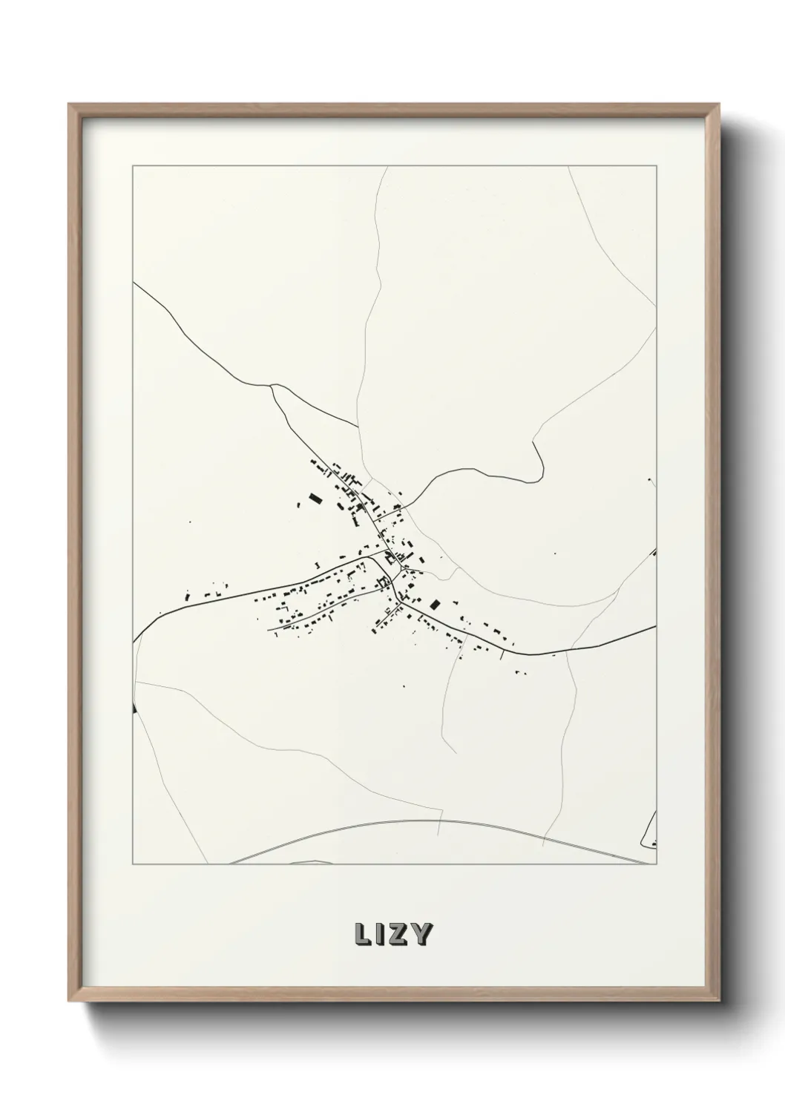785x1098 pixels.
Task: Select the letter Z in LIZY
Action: point(399,935)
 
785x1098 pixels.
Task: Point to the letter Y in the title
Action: point(421,935)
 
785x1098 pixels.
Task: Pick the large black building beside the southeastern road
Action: point(435,605)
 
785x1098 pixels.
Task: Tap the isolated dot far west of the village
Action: point(190,522)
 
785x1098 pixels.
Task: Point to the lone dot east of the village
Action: point(554,553)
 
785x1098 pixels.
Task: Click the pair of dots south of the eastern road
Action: point(519,673)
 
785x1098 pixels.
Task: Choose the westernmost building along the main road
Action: point(188,596)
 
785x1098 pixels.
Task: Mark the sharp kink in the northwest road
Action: point(272,386)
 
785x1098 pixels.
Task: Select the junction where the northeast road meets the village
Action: point(401,509)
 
